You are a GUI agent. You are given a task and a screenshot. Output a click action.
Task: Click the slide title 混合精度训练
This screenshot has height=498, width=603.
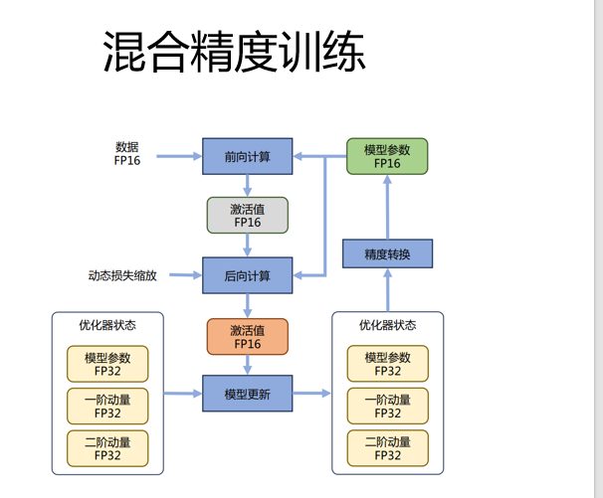pos(234,52)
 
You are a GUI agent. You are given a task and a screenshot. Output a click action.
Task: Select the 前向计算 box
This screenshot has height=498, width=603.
pos(248,156)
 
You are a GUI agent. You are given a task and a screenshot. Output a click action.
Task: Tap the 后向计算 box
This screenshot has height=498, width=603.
pos(248,275)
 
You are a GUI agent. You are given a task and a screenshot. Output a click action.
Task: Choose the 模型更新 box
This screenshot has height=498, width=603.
pos(248,394)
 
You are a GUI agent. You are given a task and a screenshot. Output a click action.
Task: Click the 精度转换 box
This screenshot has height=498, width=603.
pos(388,253)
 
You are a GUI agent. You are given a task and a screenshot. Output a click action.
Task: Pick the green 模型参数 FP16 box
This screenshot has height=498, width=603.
pos(387,156)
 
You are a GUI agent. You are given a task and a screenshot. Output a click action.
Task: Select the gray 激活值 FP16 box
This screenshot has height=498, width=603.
pos(248,215)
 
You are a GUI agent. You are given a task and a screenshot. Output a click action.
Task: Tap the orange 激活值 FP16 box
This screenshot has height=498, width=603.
pos(248,337)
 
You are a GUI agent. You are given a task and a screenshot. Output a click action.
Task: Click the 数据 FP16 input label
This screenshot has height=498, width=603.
pos(127,153)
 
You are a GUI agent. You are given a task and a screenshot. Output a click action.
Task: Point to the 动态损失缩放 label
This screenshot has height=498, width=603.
pos(122,275)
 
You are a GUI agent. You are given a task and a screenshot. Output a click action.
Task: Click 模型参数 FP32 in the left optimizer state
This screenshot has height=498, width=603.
pos(107,364)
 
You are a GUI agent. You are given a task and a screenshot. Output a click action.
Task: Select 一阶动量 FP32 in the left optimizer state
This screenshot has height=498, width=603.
pos(107,407)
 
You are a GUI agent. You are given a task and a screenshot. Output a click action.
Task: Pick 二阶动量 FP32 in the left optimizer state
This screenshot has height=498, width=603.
pos(107,448)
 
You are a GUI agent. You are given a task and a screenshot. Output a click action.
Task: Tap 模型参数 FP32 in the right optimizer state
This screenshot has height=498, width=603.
pos(388,364)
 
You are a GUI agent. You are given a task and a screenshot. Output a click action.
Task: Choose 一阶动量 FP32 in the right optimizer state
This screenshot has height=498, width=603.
pos(388,406)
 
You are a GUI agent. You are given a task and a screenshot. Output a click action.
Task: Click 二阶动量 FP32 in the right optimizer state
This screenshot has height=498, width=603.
pos(388,448)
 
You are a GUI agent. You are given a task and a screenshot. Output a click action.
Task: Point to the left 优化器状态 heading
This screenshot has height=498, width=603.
pos(107,325)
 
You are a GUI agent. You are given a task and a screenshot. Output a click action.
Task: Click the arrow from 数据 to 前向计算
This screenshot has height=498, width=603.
pos(179,156)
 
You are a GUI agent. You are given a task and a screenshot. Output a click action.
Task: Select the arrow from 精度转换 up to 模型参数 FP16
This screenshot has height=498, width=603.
pos(388,207)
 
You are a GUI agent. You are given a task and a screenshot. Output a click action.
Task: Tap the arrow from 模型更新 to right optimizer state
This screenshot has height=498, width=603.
pos(311,393)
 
